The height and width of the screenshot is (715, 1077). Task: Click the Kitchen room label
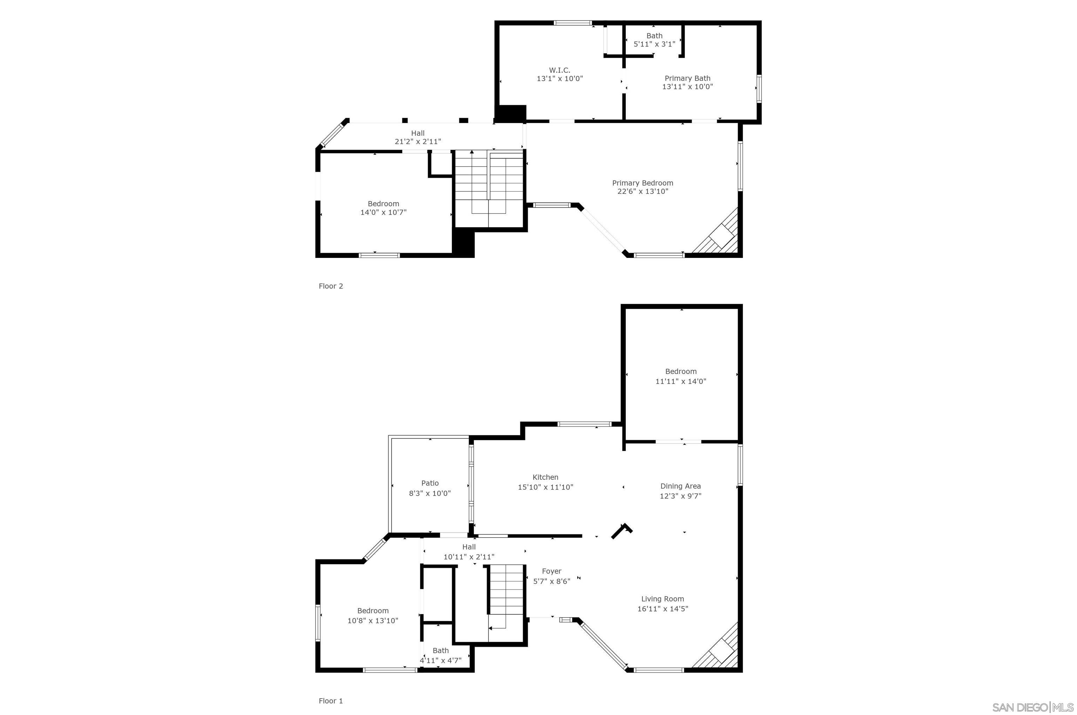[545, 477]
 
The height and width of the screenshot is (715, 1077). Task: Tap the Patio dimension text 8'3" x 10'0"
[430, 493]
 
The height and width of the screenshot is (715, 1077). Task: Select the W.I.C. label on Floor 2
[559, 70]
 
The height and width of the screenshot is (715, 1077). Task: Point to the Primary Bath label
[687, 79]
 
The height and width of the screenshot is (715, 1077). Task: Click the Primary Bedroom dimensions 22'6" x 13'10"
[642, 191]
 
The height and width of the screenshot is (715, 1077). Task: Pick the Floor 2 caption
[330, 286]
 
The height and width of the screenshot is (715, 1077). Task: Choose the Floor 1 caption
[330, 701]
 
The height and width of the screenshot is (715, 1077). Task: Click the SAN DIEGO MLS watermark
[1033, 707]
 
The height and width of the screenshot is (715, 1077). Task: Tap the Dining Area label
[680, 486]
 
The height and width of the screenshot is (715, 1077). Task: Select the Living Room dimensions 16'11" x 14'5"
[662, 609]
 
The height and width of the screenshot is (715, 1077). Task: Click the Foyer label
[551, 571]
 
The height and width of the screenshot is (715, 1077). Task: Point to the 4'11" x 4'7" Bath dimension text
[440, 660]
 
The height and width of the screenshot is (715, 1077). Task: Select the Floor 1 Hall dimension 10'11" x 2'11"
[468, 557]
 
